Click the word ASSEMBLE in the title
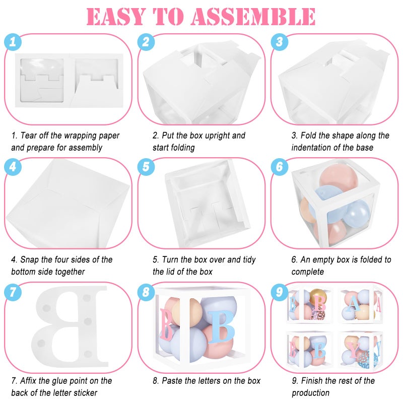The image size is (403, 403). click(253, 17)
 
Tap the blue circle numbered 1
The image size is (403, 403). click(13, 42)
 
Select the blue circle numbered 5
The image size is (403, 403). click(146, 167)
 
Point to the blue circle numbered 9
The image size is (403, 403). click(280, 292)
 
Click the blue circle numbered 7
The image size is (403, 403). click(13, 292)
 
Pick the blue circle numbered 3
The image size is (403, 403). click(280, 42)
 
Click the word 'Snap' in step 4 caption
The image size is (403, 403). click(29, 260)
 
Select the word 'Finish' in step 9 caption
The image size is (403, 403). click(312, 381)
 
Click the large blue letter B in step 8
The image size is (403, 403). click(221, 326)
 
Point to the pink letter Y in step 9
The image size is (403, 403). click(354, 350)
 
